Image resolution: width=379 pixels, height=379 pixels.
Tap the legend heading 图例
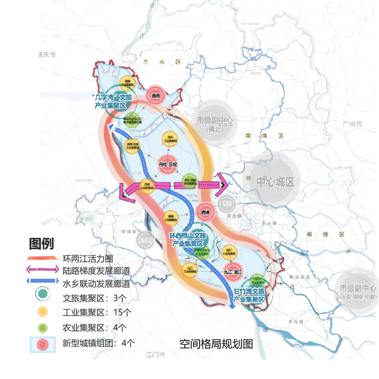[42, 243]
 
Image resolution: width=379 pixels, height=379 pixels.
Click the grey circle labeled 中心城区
[275, 181]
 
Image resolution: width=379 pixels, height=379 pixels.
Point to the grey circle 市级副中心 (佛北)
[215, 125]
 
